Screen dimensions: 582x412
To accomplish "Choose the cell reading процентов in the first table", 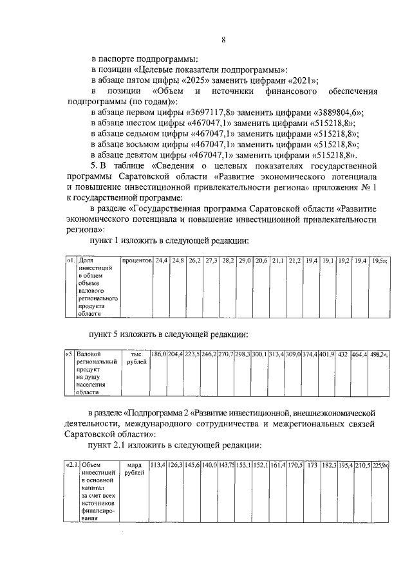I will tap(136, 261).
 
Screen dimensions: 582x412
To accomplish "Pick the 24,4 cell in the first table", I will tap(161, 261).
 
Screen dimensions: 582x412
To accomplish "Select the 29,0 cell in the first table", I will tap(245, 261).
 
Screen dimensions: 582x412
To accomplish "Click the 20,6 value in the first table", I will tap(261, 261).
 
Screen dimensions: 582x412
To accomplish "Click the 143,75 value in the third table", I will tap(226, 464).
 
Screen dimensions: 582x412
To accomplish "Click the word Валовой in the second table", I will tap(89, 354).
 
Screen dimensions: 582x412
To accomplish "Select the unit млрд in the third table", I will tap(134, 464).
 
